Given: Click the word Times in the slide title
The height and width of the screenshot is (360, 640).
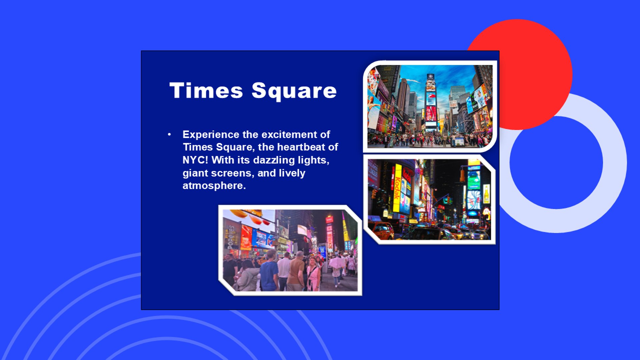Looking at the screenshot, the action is (x=206, y=90).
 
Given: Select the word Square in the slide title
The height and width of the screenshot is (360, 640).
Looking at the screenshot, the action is (x=294, y=91).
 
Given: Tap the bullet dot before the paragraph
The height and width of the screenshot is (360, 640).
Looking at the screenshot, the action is (x=169, y=134).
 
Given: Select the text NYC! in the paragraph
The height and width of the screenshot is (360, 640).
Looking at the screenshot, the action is (x=195, y=160).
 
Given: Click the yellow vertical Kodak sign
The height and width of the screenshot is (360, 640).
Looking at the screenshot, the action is (x=397, y=188).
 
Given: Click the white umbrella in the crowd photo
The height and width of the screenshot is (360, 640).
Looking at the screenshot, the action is (x=337, y=262).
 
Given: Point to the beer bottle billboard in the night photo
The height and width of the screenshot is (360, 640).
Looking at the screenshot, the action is (x=486, y=194).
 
